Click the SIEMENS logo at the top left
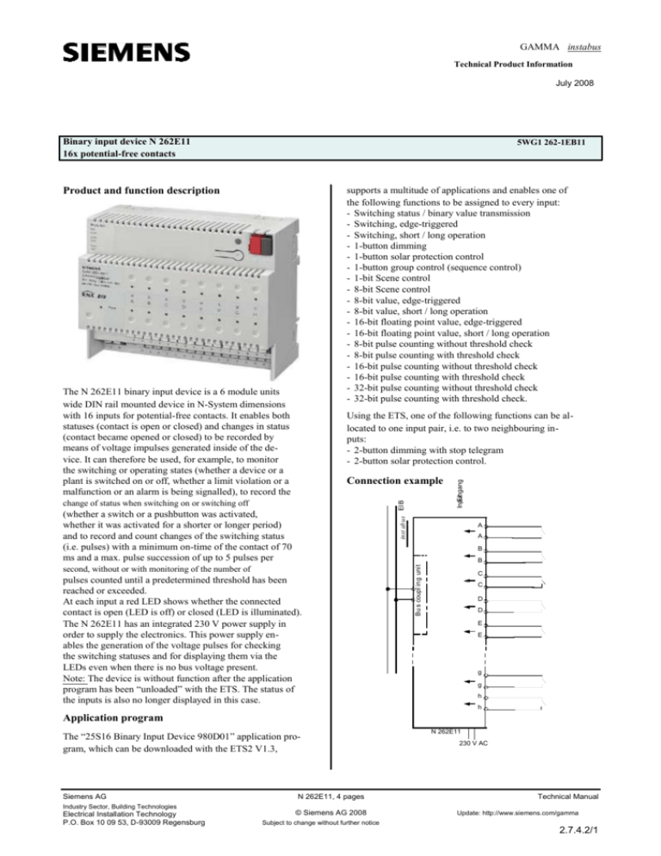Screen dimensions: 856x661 pyautogui.click(x=124, y=52)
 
